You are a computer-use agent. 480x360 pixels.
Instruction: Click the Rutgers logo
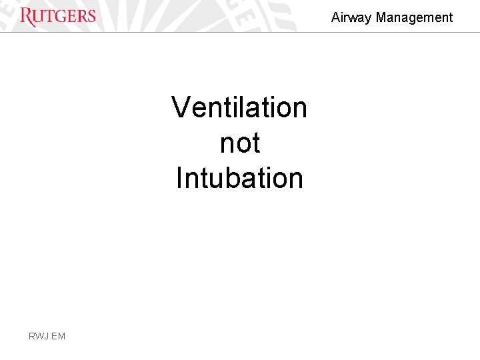pyautogui.click(x=58, y=16)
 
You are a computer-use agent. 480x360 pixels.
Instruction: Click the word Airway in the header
pyautogui.click(x=351, y=18)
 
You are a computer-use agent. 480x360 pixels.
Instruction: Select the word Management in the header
pyautogui.click(x=414, y=18)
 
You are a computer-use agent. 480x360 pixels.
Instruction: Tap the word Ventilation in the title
pyautogui.click(x=239, y=107)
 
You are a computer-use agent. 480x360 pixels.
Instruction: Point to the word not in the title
pyautogui.click(x=239, y=143)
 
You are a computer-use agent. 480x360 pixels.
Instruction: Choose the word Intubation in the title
pyautogui.click(x=239, y=178)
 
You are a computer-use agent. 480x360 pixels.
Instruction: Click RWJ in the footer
pyautogui.click(x=38, y=336)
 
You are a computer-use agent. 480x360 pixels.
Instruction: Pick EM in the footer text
pyautogui.click(x=59, y=336)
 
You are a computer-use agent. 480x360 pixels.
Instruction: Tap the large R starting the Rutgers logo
pyautogui.click(x=27, y=17)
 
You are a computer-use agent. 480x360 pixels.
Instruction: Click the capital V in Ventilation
pyautogui.click(x=181, y=107)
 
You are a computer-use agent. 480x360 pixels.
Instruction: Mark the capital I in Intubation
pyautogui.click(x=179, y=178)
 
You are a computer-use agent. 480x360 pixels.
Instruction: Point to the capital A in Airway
pyautogui.click(x=335, y=18)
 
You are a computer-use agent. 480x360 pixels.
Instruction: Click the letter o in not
pyautogui.click(x=239, y=144)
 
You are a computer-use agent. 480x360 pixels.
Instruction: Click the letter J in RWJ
pyautogui.click(x=47, y=336)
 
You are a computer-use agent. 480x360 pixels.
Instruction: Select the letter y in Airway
pyautogui.click(x=368, y=19)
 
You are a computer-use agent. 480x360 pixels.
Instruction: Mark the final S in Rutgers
pyautogui.click(x=91, y=16)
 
